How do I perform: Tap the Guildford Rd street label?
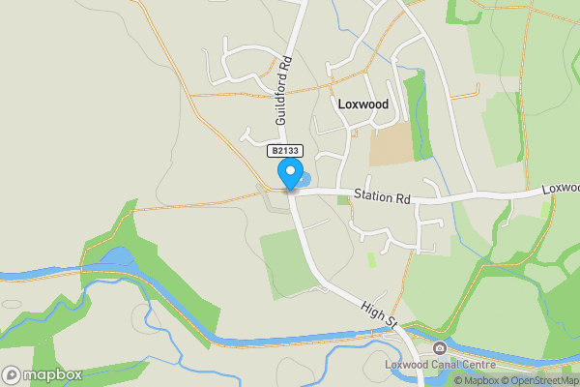pyautogui.click(x=283, y=92)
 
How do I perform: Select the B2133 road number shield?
pyautogui.click(x=285, y=152)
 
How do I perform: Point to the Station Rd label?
pyautogui.click(x=382, y=197)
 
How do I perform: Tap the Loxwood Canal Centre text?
pyautogui.click(x=440, y=365)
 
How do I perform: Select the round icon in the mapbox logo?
pyautogui.click(x=13, y=374)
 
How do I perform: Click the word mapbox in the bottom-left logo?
pyautogui.click(x=53, y=374)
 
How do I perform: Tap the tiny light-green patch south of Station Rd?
pyautogui.click(x=371, y=259)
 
